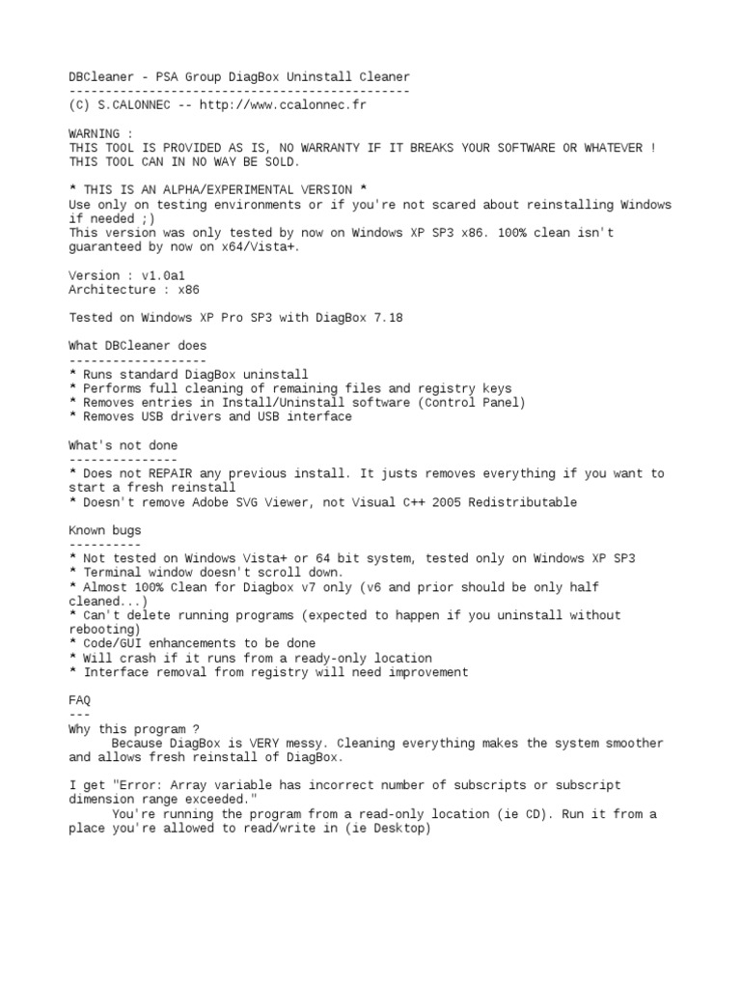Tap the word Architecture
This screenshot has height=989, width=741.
(112, 290)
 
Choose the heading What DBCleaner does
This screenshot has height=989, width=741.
(137, 346)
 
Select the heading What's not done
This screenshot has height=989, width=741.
(123, 445)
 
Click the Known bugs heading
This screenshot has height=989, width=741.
(104, 530)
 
